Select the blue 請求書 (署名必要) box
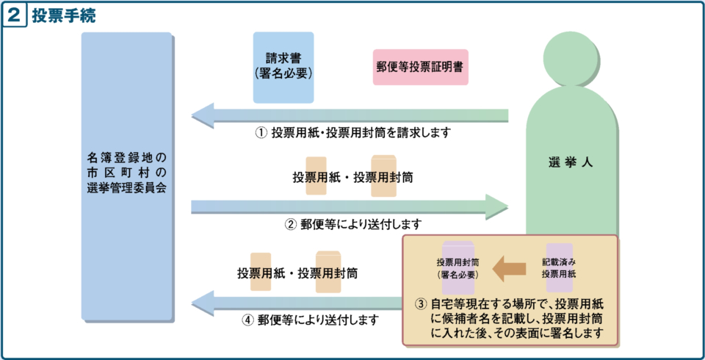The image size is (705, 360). click(283, 67)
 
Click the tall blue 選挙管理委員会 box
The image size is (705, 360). click(126, 176)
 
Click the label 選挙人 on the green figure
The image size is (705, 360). click(570, 162)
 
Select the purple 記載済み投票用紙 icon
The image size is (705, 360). click(560, 267)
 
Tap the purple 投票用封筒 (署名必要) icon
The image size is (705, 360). click(458, 268)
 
